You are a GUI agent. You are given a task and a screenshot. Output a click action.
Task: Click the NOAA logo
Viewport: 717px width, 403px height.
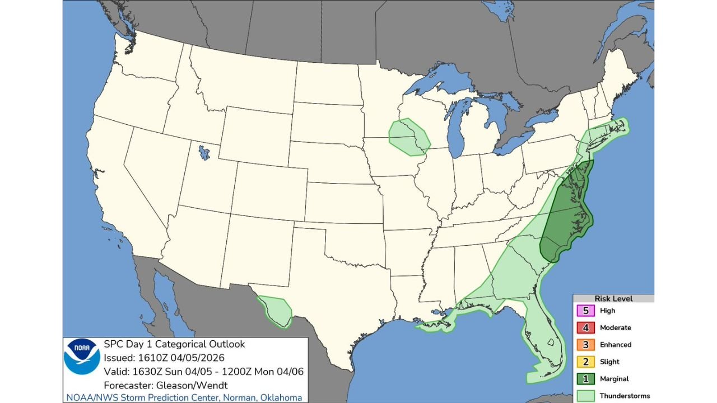82,357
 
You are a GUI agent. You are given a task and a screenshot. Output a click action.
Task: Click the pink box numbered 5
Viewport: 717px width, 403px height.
585,311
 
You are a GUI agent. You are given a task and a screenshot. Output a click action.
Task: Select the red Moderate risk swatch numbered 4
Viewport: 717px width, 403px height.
585,327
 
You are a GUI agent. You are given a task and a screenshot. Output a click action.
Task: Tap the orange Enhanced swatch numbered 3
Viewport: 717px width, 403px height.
585,345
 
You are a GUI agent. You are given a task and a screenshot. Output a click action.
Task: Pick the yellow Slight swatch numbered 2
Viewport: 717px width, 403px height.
585,362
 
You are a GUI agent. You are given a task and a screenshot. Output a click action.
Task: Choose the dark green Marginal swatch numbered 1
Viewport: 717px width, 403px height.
585,379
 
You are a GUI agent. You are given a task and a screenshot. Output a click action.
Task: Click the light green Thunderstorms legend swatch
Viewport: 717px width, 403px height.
585,396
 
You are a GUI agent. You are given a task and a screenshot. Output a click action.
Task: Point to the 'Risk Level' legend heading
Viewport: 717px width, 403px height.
613,299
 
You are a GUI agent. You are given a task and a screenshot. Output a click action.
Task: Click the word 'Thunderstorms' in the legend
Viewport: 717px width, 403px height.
625,396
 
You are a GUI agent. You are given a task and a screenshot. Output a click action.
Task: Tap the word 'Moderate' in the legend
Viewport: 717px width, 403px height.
615,327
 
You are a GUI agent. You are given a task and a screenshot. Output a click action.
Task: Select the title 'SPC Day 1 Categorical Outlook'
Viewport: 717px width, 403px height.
174,344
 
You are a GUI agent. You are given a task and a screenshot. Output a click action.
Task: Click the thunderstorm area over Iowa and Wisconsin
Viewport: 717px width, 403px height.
409,137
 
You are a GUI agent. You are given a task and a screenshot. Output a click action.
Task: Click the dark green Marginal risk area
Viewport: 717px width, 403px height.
566,218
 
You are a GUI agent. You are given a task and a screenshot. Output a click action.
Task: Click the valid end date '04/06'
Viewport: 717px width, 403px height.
292,372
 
